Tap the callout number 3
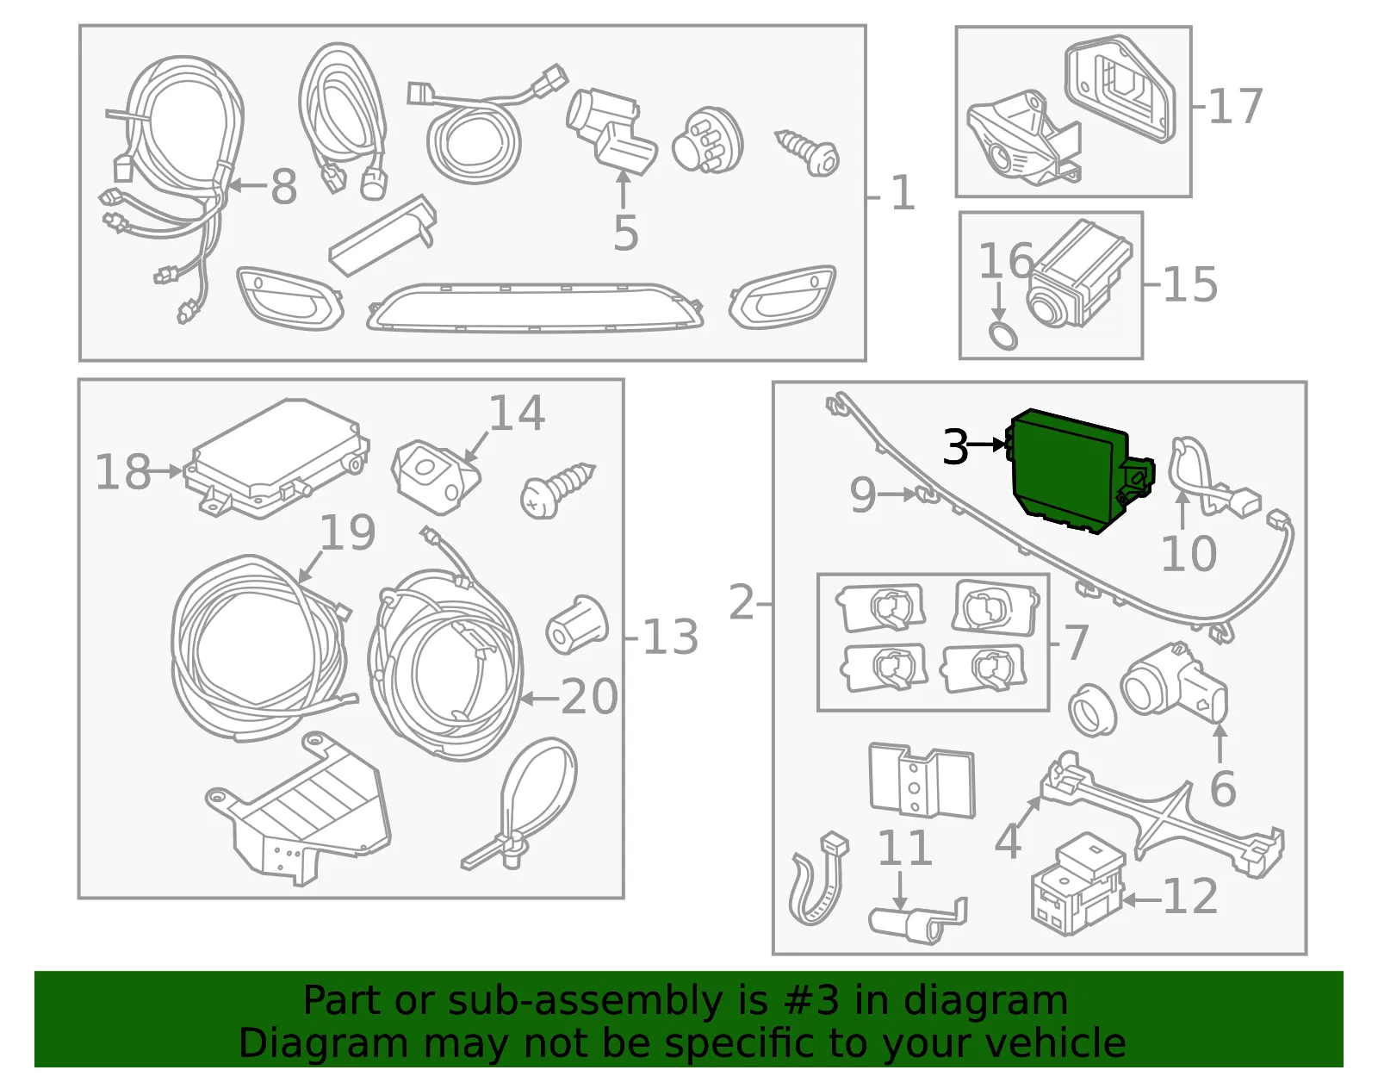tap(956, 446)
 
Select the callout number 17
tap(1235, 106)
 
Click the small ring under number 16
tap(1002, 335)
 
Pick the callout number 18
tap(123, 472)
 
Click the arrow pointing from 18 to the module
tap(167, 471)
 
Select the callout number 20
tap(589, 697)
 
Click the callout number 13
tap(670, 637)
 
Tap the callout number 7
tap(1077, 642)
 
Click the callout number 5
tap(626, 233)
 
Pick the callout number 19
tap(347, 532)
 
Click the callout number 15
tap(1190, 284)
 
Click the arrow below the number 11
tap(901, 890)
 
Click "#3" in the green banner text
tap(811, 1000)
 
